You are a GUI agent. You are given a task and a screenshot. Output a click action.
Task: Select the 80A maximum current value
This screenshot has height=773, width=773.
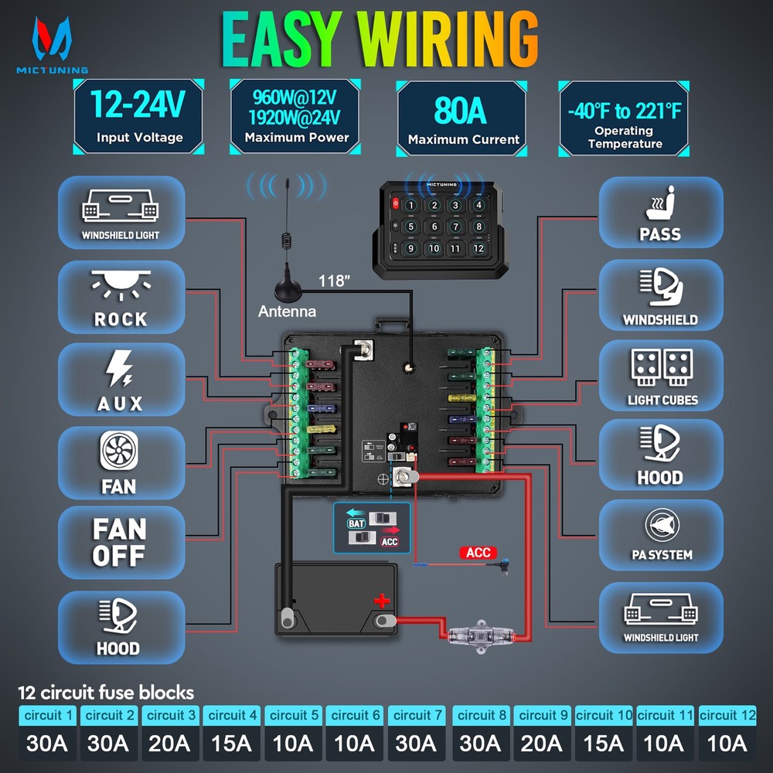coord(461,111)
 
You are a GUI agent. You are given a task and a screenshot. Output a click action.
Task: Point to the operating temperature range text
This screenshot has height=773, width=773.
coord(625,111)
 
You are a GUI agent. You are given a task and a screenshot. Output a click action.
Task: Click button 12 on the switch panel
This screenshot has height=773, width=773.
coord(478,248)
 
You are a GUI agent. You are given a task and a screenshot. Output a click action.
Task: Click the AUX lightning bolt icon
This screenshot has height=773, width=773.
coord(121,369)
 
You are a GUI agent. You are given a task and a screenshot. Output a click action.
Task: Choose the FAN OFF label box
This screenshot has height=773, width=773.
coord(121,542)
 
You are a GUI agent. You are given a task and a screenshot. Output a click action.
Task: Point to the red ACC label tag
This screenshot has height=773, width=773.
coord(478,553)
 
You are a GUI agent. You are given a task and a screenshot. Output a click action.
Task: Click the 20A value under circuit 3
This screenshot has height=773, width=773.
coord(170,743)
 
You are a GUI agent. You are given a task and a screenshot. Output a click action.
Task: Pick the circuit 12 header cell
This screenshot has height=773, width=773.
coord(727,715)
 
